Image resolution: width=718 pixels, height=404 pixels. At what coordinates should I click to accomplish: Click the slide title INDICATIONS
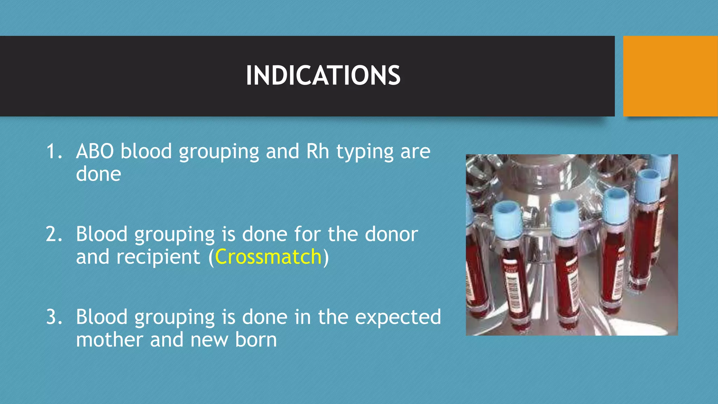click(323, 75)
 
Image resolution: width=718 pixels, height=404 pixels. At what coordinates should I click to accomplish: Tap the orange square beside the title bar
click(670, 76)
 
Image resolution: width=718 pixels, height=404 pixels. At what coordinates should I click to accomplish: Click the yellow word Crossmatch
click(268, 257)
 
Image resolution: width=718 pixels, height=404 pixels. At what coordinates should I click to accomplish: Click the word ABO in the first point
click(95, 151)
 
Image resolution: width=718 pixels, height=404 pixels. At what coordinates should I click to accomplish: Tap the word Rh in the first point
click(318, 151)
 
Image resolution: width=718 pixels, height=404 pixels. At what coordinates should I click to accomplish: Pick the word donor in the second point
click(391, 234)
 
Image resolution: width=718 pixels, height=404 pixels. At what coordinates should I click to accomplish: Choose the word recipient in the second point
click(158, 257)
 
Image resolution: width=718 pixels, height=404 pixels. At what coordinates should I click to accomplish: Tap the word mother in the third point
click(110, 339)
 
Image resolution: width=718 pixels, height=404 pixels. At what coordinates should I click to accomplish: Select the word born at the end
click(256, 339)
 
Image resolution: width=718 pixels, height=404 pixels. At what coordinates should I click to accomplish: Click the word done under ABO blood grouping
click(99, 174)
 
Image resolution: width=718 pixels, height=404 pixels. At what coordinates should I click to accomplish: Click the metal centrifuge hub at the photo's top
click(550, 175)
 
